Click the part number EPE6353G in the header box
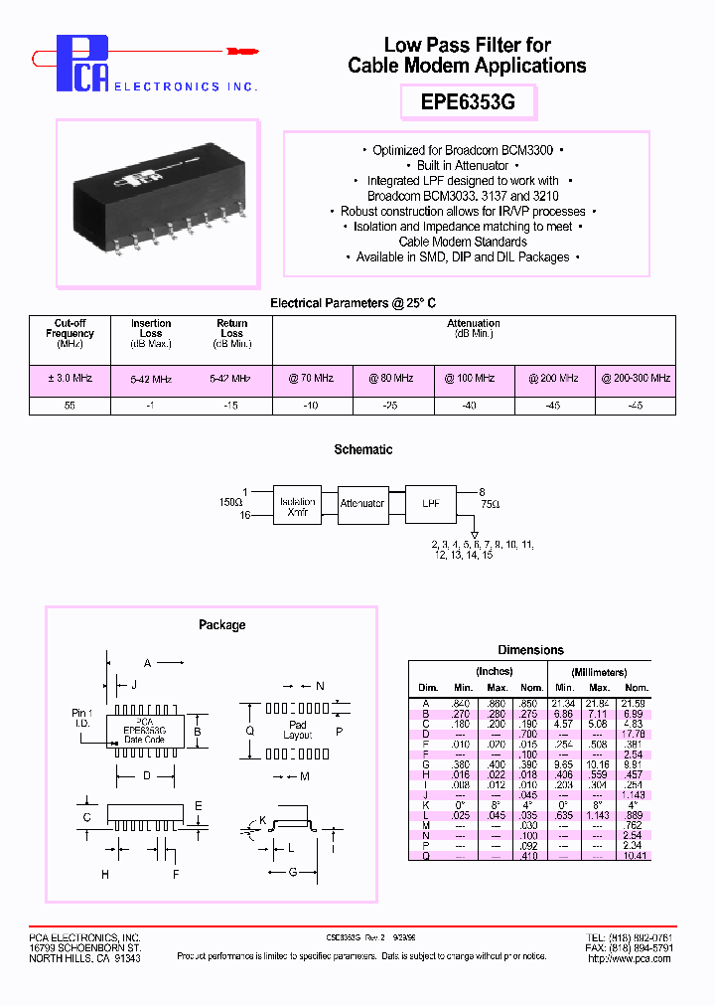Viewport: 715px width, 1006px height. (x=468, y=102)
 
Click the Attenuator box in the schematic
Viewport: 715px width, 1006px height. (x=362, y=504)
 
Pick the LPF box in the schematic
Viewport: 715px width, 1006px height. (x=430, y=504)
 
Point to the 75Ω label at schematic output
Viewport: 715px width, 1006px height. (x=491, y=505)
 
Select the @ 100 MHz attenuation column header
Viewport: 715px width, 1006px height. (x=474, y=379)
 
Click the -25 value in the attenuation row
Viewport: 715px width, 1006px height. (x=393, y=406)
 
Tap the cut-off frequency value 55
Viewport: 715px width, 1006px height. (x=70, y=406)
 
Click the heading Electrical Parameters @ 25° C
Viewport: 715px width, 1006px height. (x=354, y=303)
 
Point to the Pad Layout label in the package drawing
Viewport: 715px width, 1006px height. (x=298, y=731)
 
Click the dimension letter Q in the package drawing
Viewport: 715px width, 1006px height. (x=249, y=730)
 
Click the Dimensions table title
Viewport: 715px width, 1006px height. (x=530, y=650)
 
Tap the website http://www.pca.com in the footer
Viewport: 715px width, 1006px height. (x=631, y=958)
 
